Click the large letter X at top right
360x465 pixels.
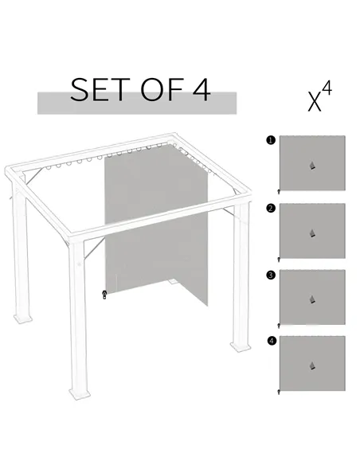[315, 101]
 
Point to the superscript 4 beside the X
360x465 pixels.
[327, 91]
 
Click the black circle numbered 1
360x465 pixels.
[272, 140]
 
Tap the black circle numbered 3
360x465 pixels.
[272, 275]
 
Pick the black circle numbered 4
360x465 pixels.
[272, 341]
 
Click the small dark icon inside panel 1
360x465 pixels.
[312, 166]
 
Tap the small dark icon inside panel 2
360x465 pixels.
[312, 232]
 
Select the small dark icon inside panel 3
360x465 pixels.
[312, 299]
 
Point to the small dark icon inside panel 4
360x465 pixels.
[312, 365]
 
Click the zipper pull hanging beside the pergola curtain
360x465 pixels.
[104, 294]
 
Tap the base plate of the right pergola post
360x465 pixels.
[238, 346]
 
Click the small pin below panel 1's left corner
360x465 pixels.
[278, 193]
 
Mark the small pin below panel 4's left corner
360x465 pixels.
[278, 393]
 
